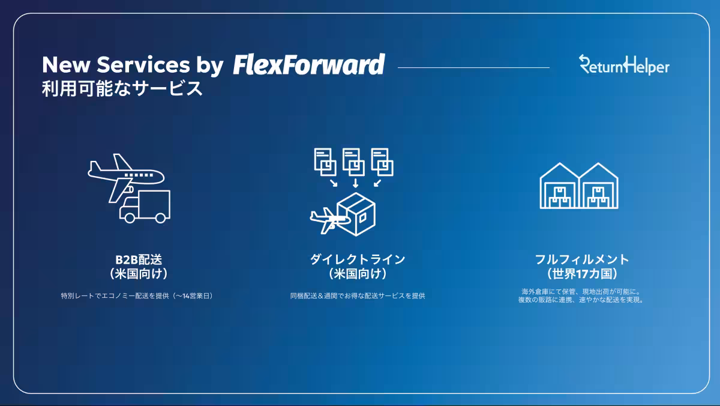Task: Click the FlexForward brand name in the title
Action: click(308, 65)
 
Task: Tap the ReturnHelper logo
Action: click(624, 65)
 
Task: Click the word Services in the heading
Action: click(143, 65)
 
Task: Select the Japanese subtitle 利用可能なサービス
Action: click(122, 88)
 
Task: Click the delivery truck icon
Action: click(145, 207)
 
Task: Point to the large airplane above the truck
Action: click(126, 177)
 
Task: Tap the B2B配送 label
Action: click(139, 259)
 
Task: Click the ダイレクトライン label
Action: click(358, 259)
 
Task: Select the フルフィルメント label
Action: click(582, 259)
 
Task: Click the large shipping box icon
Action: click(356, 214)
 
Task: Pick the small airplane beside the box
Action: click(329, 220)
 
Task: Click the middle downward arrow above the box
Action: click(355, 183)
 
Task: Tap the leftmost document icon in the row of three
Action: click(325, 162)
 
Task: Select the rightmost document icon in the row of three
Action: click(382, 162)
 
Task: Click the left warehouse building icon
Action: click(559, 186)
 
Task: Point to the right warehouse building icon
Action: click(599, 186)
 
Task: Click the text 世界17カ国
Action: click(582, 274)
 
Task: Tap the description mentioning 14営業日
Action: click(137, 295)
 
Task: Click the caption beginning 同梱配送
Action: click(358, 295)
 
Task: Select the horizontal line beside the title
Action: click(473, 67)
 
